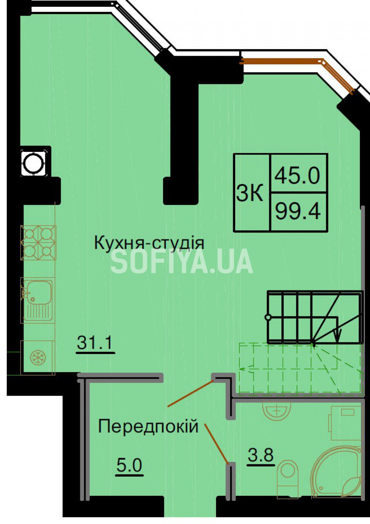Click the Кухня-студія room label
click(x=149, y=243)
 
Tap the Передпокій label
click(x=148, y=427)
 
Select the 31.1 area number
click(x=95, y=343)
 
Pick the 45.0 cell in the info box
click(x=297, y=176)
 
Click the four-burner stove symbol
click(x=38, y=243)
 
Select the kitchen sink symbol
click(x=37, y=300)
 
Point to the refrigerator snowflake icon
click(x=37, y=358)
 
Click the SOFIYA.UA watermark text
click(x=182, y=261)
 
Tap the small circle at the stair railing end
click(x=268, y=317)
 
